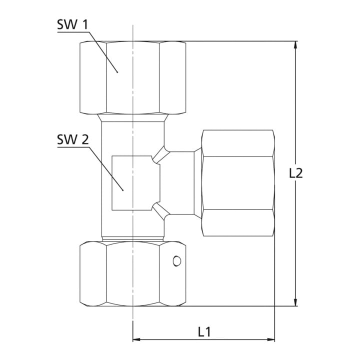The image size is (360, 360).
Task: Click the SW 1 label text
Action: (x=72, y=24)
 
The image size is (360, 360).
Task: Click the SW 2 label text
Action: (x=73, y=139)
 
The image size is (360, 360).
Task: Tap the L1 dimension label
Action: (x=204, y=332)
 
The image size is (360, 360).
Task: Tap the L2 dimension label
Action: (x=296, y=173)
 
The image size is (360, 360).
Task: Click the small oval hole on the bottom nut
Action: (x=177, y=261)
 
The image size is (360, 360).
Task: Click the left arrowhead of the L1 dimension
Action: (x=137, y=339)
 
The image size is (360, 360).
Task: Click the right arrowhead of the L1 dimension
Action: (x=270, y=339)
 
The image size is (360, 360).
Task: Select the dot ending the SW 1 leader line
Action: (x=117, y=72)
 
